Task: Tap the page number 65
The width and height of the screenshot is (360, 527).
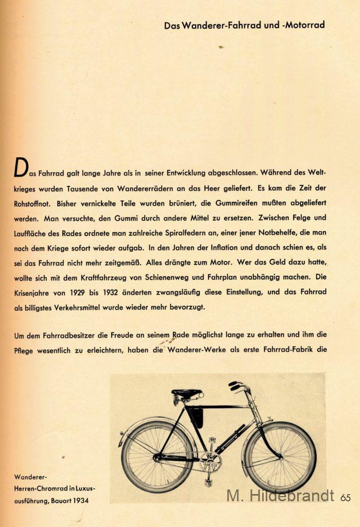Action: click(x=346, y=497)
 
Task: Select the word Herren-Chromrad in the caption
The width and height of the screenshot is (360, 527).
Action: click(x=40, y=488)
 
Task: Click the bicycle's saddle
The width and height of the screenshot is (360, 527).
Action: click(x=187, y=394)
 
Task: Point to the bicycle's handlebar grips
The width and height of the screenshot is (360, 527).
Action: click(x=235, y=385)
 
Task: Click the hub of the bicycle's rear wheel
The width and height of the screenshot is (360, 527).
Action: click(x=157, y=457)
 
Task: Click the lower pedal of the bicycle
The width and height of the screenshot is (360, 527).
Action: click(x=208, y=483)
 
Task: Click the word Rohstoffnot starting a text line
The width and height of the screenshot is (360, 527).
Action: click(x=33, y=203)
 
